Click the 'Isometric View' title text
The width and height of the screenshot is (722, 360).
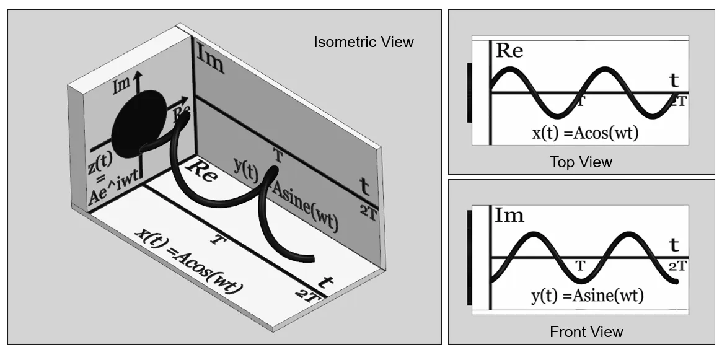coord(364,42)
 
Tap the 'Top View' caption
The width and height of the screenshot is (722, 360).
coord(581,162)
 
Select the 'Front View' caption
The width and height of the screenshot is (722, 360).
coord(587,331)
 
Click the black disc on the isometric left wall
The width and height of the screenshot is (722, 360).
coord(140,121)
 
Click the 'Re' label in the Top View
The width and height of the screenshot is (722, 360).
coord(509,50)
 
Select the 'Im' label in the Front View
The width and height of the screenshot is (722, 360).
coord(509,215)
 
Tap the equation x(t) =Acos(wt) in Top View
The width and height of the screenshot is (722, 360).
coord(585,133)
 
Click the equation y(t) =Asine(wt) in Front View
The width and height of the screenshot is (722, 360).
coord(587,295)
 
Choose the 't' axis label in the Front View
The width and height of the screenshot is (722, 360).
coord(674,245)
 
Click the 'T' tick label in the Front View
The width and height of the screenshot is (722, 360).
coord(580,266)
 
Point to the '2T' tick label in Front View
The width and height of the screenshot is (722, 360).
coord(678,266)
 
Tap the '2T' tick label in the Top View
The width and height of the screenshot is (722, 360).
coord(678,101)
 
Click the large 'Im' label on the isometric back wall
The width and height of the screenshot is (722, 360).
coord(211,59)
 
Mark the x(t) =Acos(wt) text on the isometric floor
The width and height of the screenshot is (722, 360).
coord(188,260)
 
